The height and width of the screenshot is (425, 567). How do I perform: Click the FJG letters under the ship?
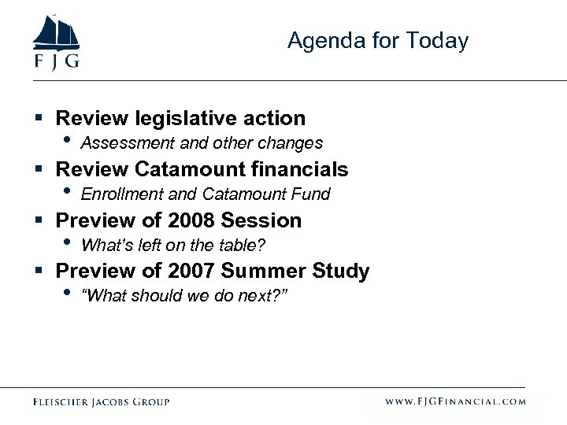coord(55,62)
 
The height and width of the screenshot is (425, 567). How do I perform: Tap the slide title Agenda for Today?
coord(378,41)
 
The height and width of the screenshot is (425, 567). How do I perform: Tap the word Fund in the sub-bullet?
coord(313,194)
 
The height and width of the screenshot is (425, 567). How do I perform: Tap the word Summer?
coord(264,272)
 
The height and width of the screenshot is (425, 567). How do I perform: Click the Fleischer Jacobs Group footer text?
coord(101,402)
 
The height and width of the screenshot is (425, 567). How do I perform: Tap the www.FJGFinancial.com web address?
coord(455,402)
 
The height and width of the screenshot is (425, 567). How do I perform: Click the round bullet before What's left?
coord(67,242)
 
